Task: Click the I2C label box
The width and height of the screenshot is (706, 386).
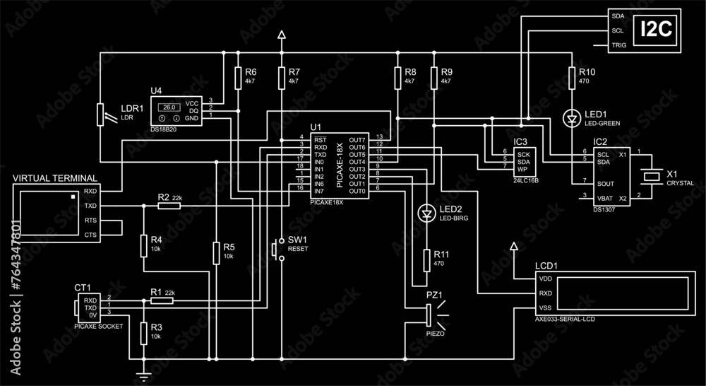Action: (x=656, y=30)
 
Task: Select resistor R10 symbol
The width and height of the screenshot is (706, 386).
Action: (x=572, y=77)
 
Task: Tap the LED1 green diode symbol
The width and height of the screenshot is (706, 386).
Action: (x=572, y=118)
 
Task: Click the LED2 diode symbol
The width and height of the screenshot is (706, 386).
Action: (x=426, y=212)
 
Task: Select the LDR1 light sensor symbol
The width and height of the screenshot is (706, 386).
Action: (x=100, y=114)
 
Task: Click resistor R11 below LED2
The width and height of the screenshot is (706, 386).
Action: (x=426, y=259)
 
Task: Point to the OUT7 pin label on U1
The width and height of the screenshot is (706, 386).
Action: (x=357, y=139)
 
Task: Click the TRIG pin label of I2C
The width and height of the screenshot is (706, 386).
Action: (x=618, y=46)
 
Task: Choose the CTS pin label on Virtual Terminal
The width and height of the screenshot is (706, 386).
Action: (x=90, y=235)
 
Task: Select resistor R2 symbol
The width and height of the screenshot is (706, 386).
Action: (x=169, y=206)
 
